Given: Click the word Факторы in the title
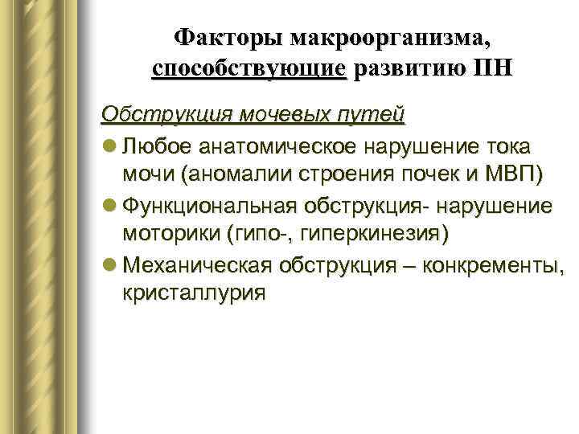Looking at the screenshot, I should pyautogui.click(x=228, y=38).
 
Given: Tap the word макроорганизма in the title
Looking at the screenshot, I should pyautogui.click(x=390, y=38).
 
